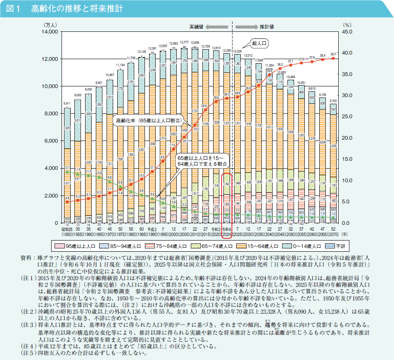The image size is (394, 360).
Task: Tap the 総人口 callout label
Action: click(261, 43)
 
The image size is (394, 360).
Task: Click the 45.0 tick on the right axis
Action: click(347, 32)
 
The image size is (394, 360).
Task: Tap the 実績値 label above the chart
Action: click(196, 26)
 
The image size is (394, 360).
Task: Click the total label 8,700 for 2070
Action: click(334, 101)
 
